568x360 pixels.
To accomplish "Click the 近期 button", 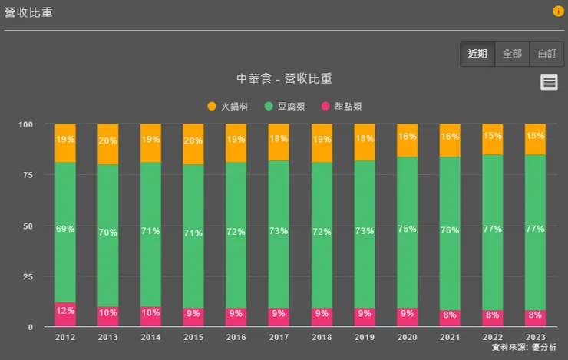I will pos(477,54).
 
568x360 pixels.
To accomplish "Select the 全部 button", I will pos(512,54).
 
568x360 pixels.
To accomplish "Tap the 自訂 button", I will pos(547,54).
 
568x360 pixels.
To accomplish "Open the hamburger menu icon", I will pos(549,82).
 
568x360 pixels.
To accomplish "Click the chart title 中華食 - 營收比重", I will pos(284,79).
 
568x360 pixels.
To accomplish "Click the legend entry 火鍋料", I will pos(229,106).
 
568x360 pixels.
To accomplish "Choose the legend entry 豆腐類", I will pos(285,106).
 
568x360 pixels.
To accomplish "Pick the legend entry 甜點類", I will pos(342,106).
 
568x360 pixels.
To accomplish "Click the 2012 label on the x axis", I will pos(65,336).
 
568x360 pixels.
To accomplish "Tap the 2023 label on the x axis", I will pos(535,336).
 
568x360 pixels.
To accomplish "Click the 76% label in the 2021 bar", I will pos(450,230).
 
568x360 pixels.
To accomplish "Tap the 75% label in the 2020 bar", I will pos(407,229).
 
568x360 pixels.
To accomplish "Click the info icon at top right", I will pos(558,12).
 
